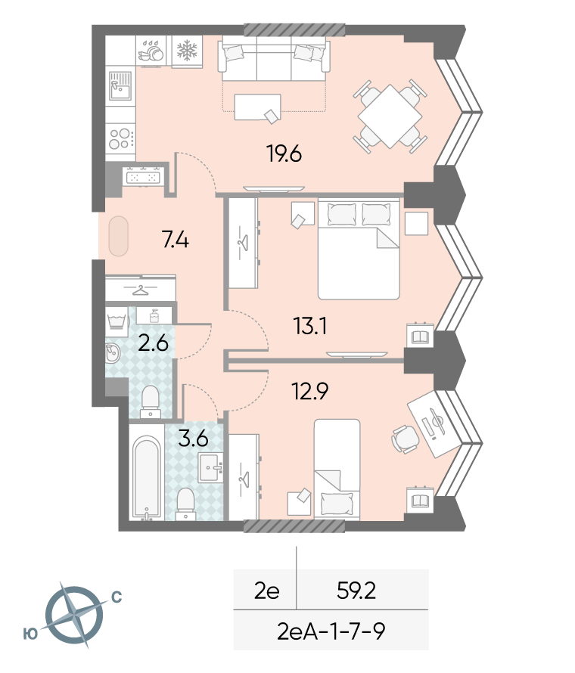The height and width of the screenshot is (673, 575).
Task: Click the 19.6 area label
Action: (x=284, y=154)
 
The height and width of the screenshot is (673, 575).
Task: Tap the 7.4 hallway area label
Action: (x=176, y=240)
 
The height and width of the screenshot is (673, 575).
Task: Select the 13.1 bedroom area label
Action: (x=310, y=326)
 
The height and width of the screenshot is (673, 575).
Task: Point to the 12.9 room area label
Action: (x=310, y=391)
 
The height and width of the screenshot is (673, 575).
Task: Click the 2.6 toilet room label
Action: (x=153, y=343)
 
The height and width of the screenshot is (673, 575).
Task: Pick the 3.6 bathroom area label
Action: (x=193, y=439)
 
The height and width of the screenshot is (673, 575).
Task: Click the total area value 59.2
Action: (x=356, y=591)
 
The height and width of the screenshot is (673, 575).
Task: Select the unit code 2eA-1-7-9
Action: (x=331, y=631)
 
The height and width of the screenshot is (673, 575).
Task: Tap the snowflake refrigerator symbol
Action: (x=187, y=51)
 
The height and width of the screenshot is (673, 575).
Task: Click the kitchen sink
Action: (x=120, y=85)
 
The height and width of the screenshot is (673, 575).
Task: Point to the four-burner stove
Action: (x=120, y=138)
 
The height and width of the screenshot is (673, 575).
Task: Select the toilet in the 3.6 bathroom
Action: (x=186, y=504)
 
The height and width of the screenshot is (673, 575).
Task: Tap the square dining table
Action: (x=390, y=116)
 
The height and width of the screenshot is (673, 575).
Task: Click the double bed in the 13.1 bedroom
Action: (x=359, y=249)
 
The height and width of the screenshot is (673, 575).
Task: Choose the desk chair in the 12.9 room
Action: (x=405, y=439)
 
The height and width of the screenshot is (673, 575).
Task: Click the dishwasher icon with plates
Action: (x=151, y=51)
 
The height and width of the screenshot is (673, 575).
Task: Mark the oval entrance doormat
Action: (x=118, y=236)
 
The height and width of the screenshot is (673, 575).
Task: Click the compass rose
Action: (x=74, y=615)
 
